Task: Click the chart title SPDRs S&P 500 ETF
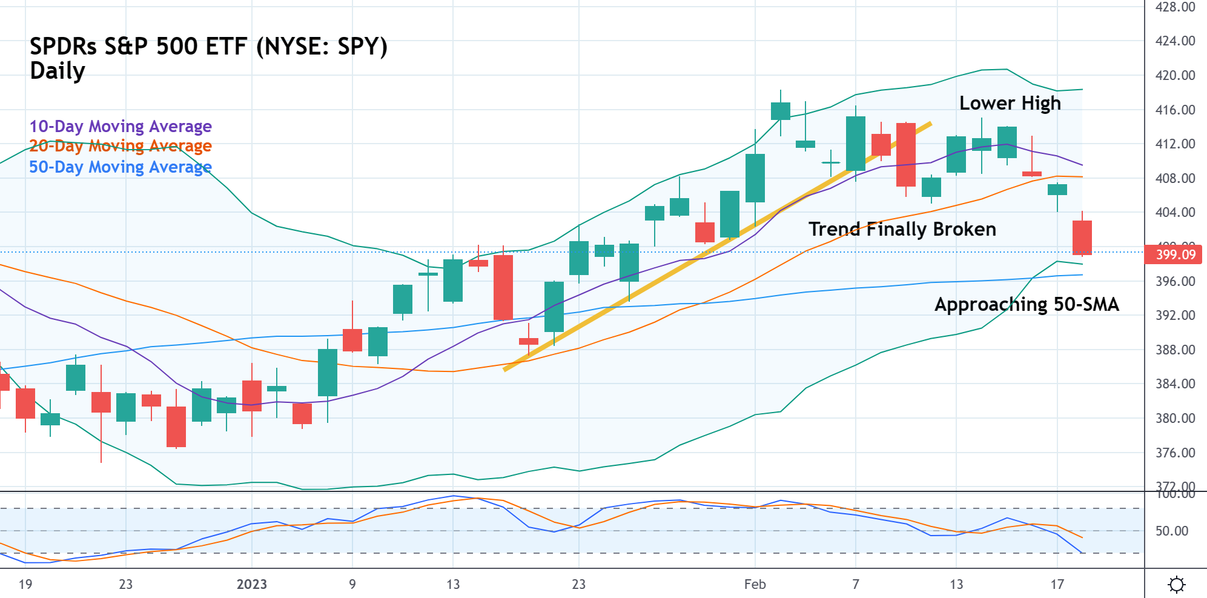[x=208, y=47]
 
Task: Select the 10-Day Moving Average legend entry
[x=121, y=126]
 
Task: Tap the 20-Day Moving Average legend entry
[x=121, y=146]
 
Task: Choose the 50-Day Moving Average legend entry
[x=121, y=167]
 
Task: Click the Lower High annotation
[x=1010, y=103]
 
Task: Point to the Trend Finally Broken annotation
[x=902, y=229]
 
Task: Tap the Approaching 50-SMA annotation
[x=1026, y=304]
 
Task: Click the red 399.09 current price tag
[x=1173, y=254]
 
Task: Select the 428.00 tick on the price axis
[x=1175, y=7]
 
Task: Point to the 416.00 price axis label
[x=1175, y=110]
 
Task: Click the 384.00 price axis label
[x=1175, y=384]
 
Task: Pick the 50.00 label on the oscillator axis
[x=1171, y=531]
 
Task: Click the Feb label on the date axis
[x=755, y=584]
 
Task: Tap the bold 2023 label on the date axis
[x=251, y=584]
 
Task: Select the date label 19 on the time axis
[x=25, y=584]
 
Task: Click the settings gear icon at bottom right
[x=1176, y=585]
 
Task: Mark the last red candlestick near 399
[x=1082, y=238]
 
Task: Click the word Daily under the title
[x=58, y=71]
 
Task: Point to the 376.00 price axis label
[x=1175, y=453]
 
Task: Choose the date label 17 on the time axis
[x=1057, y=584]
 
